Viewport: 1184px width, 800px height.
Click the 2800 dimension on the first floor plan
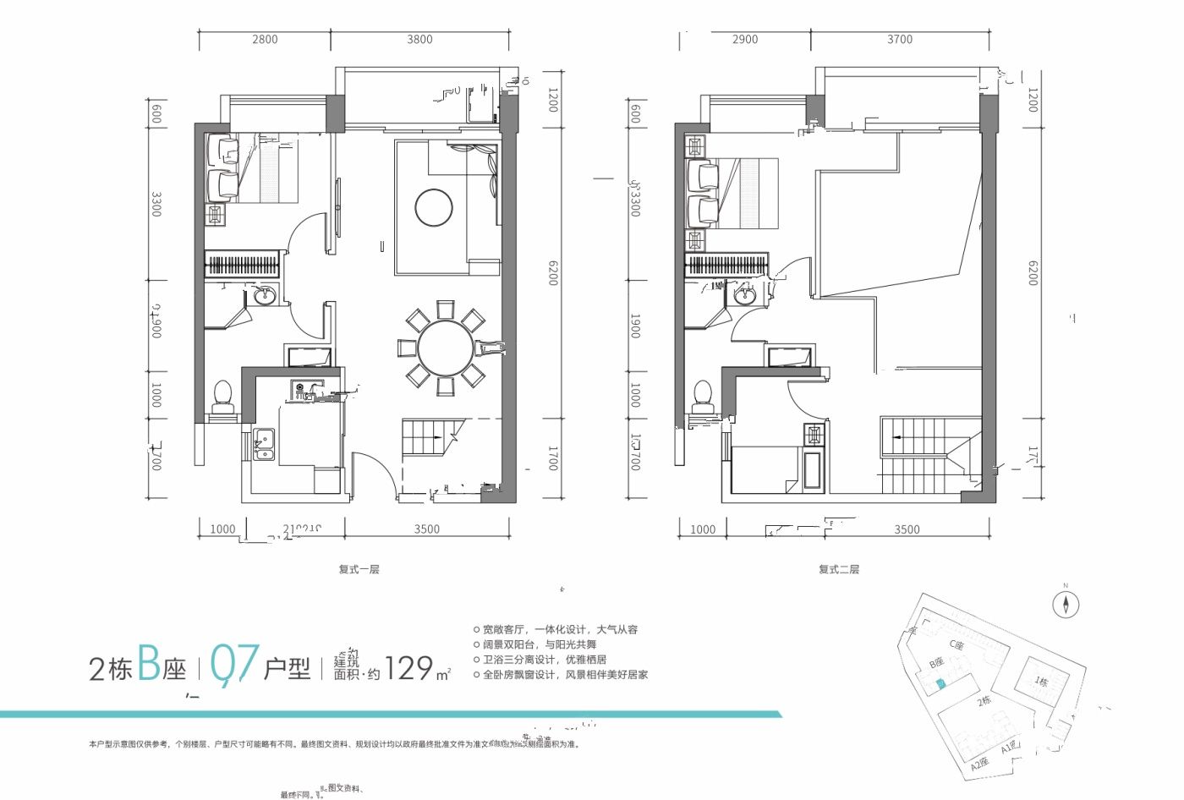[x=264, y=39]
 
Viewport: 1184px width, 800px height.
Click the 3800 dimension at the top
[x=419, y=39]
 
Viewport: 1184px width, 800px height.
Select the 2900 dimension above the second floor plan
[x=745, y=39]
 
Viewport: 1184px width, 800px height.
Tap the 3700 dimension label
[x=900, y=39]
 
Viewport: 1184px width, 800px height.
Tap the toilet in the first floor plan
[x=222, y=397]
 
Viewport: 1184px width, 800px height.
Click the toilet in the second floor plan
[x=702, y=397]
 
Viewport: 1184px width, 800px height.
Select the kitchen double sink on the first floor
[x=264, y=444]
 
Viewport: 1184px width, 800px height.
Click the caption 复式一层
[x=359, y=569]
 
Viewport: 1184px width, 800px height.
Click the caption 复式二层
[x=838, y=569]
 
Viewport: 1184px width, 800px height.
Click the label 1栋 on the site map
[x=1041, y=682]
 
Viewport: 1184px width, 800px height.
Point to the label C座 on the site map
[x=957, y=644]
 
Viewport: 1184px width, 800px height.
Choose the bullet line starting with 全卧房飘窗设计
[x=565, y=675]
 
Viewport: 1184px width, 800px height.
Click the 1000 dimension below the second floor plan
[x=702, y=529]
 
